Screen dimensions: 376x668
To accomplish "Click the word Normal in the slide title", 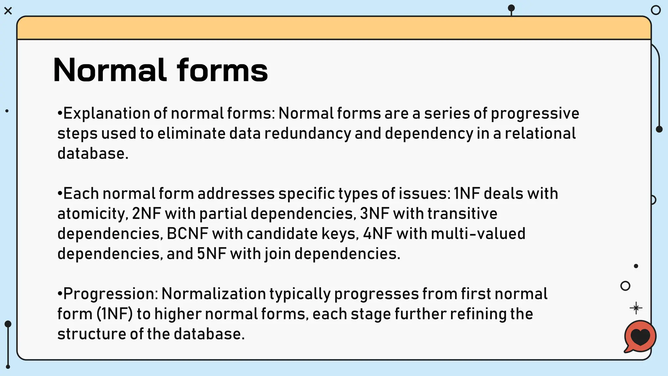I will pos(109,70).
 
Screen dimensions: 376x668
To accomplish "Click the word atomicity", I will pos(91,214).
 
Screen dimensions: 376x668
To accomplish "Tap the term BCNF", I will pos(188,234).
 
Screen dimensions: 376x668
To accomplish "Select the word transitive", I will pos(462,214).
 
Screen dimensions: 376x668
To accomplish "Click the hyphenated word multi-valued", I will pos(478,234).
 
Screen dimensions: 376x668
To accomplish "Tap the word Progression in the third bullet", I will pos(110,294).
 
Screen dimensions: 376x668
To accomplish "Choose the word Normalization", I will pos(214,294).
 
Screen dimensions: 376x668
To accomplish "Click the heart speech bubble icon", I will pos(640,337).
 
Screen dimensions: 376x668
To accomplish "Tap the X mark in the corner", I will pos(8,11).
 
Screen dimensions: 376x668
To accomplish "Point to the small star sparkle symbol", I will pos(636,308).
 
